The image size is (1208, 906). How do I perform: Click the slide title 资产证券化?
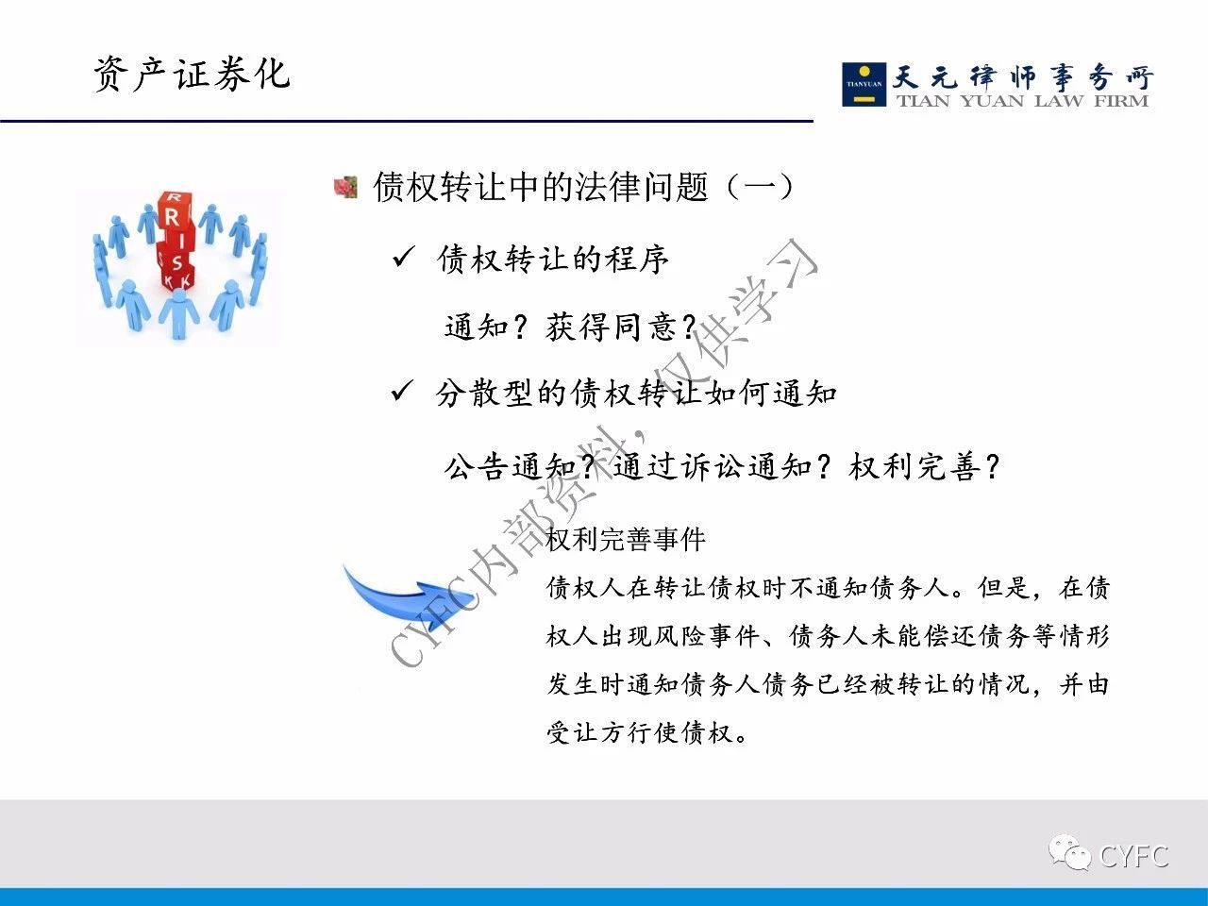coord(192,74)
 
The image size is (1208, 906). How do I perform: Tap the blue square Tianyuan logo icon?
coord(864,84)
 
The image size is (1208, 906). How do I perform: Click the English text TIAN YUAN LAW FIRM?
coord(1022,101)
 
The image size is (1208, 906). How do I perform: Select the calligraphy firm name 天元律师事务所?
coord(1022,77)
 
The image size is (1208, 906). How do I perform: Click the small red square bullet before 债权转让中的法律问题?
coord(345,187)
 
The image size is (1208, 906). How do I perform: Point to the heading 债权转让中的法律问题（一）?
coord(583,187)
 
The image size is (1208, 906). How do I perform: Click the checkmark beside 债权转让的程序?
coord(403,257)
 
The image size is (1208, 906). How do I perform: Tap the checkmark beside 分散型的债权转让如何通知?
coord(402,391)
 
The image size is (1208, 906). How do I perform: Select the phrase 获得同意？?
coord(621,327)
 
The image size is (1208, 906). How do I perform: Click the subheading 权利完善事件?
coord(626,539)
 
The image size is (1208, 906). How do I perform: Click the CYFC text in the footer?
coord(1133,856)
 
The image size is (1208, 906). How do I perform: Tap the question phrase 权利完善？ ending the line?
coord(925,467)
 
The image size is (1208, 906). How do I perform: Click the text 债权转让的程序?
coord(553,259)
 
